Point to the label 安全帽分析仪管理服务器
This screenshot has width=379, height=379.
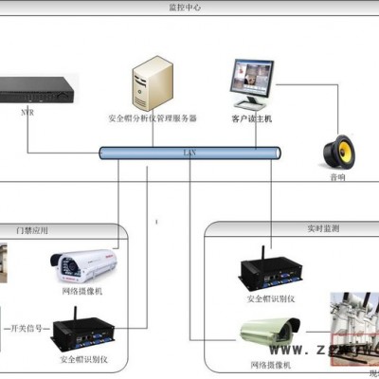click(153, 119)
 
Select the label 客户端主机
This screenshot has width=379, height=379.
click(252, 119)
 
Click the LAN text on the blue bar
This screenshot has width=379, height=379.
click(189, 151)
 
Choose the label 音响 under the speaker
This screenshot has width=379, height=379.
click(336, 176)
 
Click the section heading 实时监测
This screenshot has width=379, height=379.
click(321, 230)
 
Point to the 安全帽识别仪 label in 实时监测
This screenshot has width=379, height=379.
click(272, 299)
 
